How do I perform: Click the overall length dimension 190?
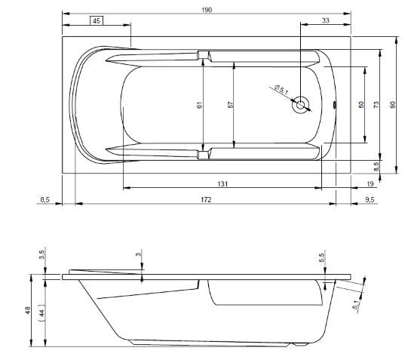click(x=207, y=9)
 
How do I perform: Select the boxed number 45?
click(x=97, y=20)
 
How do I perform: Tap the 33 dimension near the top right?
click(x=325, y=20)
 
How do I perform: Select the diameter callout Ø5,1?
click(x=281, y=91)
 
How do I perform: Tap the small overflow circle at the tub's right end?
click(x=336, y=106)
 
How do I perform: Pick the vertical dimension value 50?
click(x=361, y=105)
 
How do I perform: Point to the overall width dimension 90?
click(x=392, y=105)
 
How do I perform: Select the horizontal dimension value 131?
click(x=222, y=183)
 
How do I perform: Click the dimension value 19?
click(x=370, y=183)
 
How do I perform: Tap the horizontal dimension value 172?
click(x=205, y=199)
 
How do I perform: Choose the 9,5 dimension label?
click(x=370, y=199)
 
